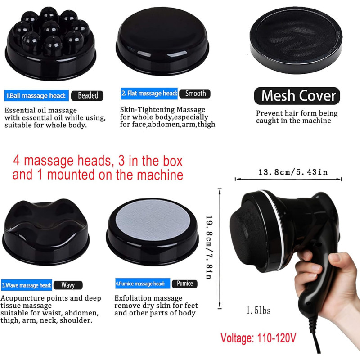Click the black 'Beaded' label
[x=87, y=95]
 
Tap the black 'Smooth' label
[x=195, y=94]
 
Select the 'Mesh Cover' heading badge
[x=297, y=96]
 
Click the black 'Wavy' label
[x=68, y=285]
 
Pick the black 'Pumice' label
[x=184, y=283]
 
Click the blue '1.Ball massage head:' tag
[x=36, y=95]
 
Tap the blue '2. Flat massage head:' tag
[x=149, y=94]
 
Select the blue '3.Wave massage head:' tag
[x=27, y=285]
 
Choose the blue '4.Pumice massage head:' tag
[x=143, y=283]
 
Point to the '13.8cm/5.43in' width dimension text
[x=293, y=172]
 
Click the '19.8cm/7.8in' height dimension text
[x=209, y=247]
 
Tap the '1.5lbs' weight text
[x=258, y=310]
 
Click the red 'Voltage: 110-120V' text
[x=258, y=338]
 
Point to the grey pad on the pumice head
[x=153, y=222]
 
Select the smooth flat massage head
[x=162, y=41]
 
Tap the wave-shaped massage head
[x=46, y=232]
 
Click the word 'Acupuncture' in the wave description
[x=22, y=298]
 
